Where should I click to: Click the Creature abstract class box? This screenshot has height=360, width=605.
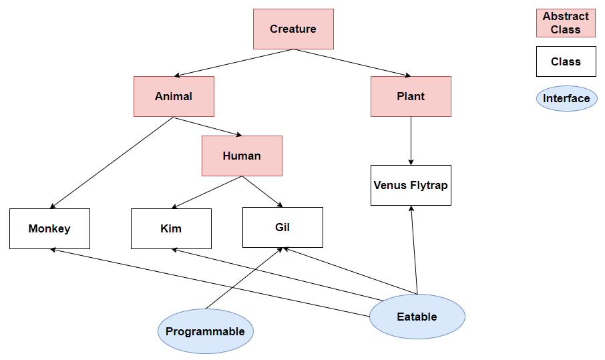pos(293,29)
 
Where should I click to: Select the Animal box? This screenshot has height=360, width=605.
pos(174,96)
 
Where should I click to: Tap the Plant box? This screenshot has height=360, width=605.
pos(411,96)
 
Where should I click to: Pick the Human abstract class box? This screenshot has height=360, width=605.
pos(242,156)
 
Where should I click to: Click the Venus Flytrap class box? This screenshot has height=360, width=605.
pos(411,185)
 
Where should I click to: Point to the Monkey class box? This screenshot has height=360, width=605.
pos(49,228)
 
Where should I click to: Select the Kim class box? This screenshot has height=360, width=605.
pos(171,228)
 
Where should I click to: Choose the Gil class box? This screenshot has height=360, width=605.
pos(282,227)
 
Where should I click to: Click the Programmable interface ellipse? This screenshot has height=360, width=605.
pos(205,331)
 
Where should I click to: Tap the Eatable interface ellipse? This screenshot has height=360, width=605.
pos(417,317)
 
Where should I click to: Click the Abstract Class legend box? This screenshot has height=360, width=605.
pos(566,23)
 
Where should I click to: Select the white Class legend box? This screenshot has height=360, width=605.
pos(566,61)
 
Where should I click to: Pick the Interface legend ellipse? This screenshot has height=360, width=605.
pos(566,99)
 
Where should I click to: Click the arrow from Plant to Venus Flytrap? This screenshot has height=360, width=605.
pos(411,140)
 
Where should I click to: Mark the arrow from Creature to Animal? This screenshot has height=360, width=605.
pos(234,63)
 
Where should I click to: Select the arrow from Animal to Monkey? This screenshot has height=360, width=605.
pos(112,163)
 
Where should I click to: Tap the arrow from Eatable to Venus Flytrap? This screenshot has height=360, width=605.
pos(414,250)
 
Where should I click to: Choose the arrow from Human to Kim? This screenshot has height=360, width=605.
pos(207,192)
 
